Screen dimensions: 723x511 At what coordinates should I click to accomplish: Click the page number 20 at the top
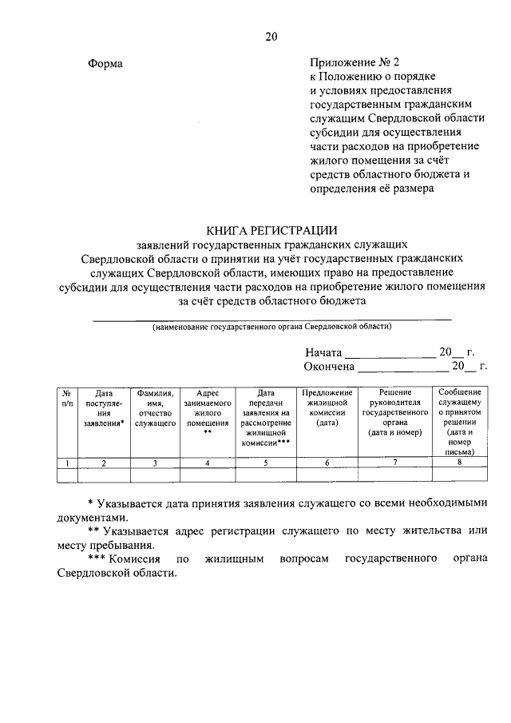[271, 36]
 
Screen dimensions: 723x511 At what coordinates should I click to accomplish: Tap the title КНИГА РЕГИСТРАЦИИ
[271, 228]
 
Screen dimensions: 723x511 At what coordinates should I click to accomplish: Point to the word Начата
[323, 352]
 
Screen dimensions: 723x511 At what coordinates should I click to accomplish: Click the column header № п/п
[68, 398]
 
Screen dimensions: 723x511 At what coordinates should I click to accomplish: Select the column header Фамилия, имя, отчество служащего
[155, 408]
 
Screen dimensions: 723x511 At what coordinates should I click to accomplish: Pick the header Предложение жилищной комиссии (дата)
[327, 408]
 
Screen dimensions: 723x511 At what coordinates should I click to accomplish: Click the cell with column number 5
[266, 463]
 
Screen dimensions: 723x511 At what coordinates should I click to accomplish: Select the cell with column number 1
[68, 463]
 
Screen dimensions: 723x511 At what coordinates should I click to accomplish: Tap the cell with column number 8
[460, 463]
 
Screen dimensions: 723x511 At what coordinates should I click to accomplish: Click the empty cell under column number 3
[155, 475]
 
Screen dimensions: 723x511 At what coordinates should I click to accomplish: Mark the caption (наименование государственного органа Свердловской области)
[272, 328]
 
